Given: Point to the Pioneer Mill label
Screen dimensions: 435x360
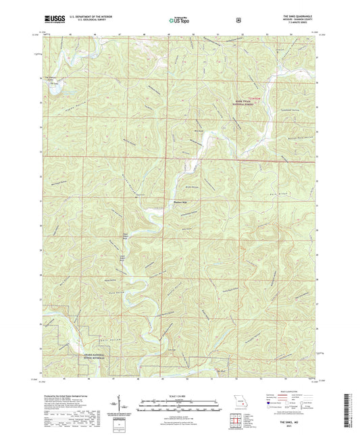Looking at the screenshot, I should pos(174,199).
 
